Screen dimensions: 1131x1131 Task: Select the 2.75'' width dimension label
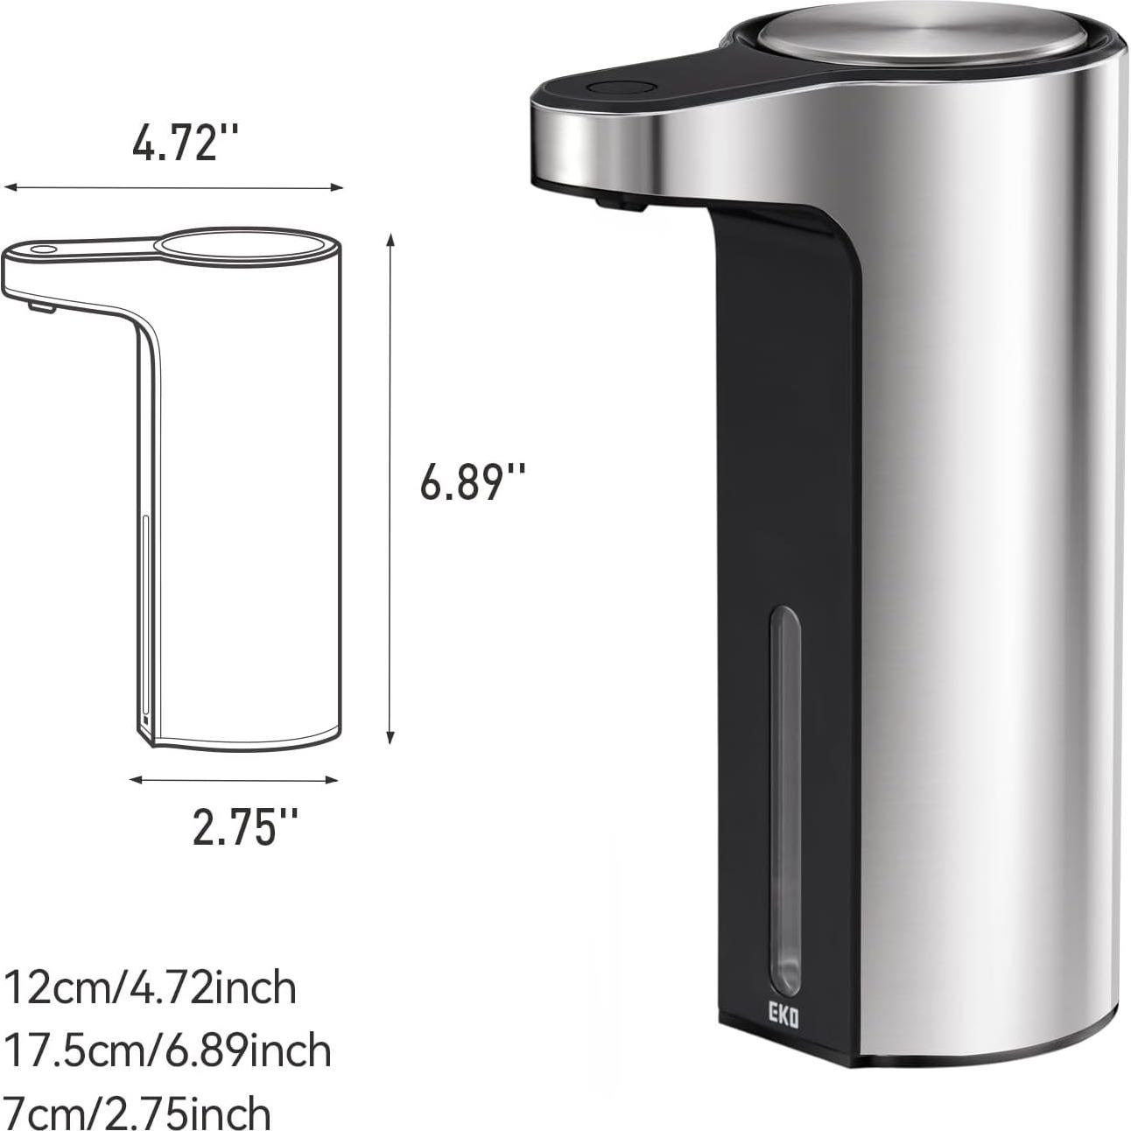pyautogui.click(x=245, y=826)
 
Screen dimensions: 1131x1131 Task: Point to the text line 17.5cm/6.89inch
pyautogui.click(x=167, y=1050)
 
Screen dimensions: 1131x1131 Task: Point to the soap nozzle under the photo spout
pyautogui.click(x=619, y=202)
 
